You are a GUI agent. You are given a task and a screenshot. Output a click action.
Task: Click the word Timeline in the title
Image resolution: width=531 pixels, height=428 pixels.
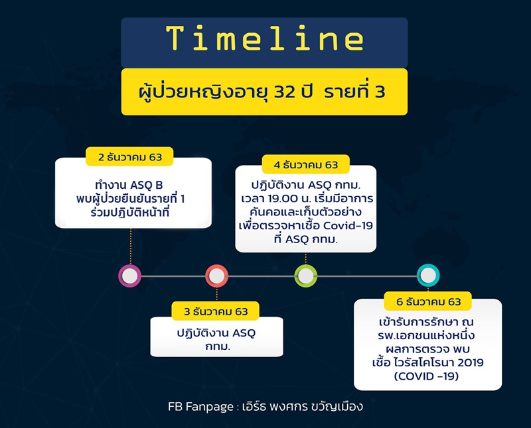(x=264, y=39)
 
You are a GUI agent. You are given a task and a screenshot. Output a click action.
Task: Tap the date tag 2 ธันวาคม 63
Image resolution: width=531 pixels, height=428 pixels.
(x=131, y=158)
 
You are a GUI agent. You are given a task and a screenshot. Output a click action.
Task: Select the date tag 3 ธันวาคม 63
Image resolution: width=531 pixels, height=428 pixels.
(x=216, y=311)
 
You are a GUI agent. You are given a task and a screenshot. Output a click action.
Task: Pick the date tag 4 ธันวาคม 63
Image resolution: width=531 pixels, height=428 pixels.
(x=306, y=164)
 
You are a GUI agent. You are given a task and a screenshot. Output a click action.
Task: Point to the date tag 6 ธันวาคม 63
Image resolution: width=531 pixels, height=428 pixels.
(x=428, y=301)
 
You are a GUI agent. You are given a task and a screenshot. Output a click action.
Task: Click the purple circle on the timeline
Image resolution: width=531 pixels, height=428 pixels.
(x=130, y=276)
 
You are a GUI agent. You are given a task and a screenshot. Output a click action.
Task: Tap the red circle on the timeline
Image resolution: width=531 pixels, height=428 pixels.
(x=216, y=276)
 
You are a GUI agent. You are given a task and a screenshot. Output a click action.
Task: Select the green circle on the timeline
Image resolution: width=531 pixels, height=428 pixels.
(x=305, y=276)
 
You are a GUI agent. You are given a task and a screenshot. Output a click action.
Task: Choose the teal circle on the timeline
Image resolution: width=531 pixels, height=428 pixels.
(x=428, y=276)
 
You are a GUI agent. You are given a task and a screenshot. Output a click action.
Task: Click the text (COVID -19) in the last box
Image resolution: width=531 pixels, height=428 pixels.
(x=428, y=376)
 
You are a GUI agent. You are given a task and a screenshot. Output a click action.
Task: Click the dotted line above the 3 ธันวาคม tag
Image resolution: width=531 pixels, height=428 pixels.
(x=216, y=294)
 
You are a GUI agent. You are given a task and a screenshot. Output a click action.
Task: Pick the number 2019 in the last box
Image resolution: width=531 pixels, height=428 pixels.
(x=469, y=362)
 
